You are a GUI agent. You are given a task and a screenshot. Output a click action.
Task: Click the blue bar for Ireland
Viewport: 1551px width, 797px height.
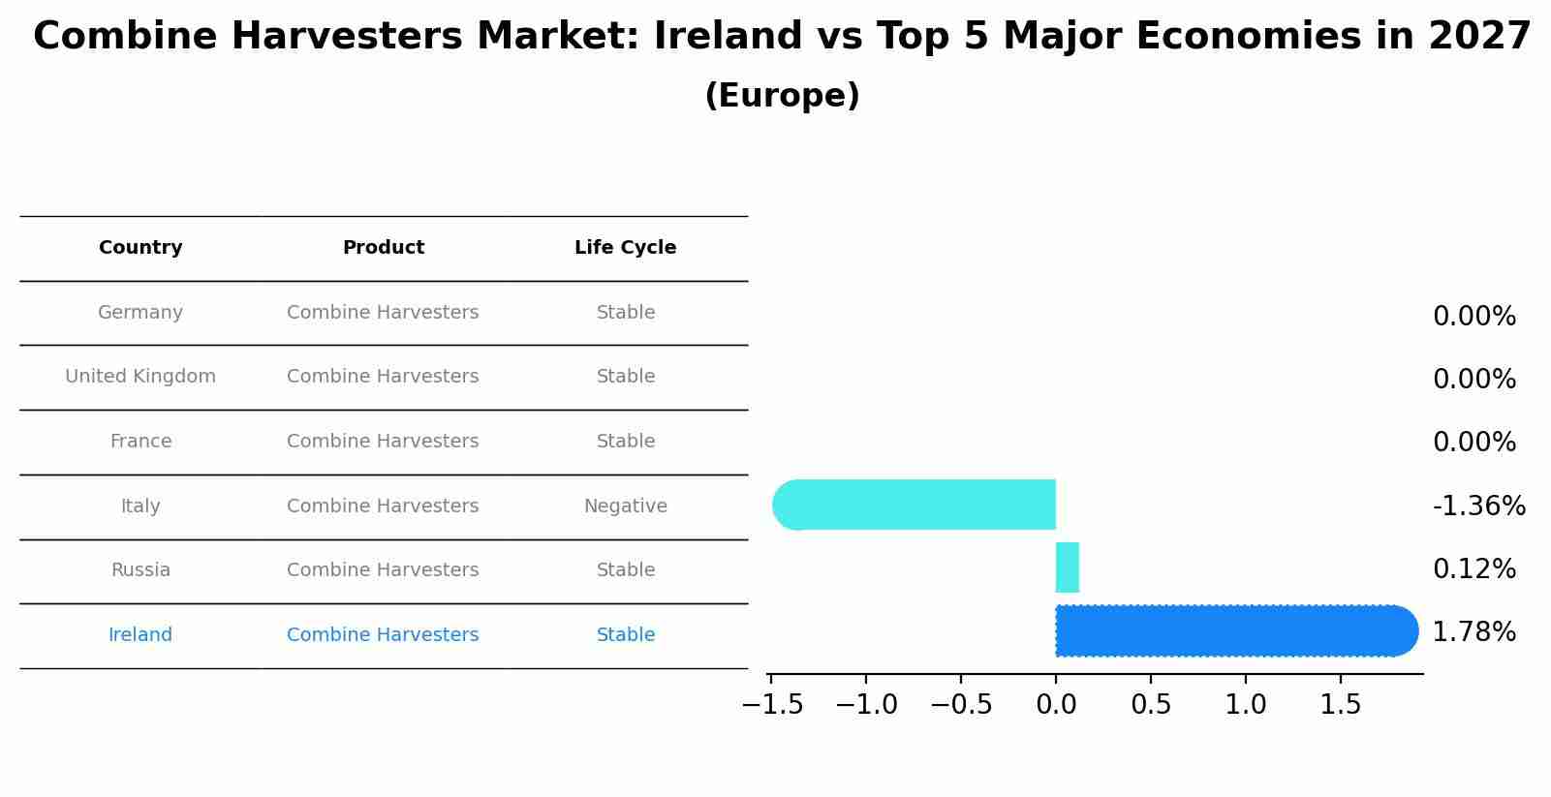[1235, 630]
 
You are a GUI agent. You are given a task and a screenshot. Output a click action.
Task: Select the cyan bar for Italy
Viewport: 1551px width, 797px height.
[915, 505]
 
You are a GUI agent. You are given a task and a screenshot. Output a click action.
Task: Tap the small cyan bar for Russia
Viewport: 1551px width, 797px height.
[1067, 567]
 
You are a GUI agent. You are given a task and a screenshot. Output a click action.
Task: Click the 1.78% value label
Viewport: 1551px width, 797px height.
[1473, 632]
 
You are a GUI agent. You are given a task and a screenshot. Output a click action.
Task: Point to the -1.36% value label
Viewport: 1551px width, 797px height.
[1478, 506]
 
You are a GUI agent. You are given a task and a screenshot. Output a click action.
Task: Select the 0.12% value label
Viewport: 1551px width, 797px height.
[1473, 569]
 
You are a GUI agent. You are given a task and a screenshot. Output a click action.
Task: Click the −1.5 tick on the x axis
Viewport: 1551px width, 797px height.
[772, 704]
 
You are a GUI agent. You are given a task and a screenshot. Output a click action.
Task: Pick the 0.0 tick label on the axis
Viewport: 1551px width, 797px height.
[1056, 704]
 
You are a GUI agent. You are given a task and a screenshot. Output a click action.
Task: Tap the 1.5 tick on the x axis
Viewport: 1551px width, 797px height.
[1341, 704]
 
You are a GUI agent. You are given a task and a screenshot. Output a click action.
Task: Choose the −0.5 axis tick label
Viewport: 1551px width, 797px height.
[961, 704]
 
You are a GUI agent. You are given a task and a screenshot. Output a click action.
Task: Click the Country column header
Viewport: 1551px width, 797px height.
[140, 248]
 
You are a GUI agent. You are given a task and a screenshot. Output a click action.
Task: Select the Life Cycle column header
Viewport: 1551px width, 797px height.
[625, 248]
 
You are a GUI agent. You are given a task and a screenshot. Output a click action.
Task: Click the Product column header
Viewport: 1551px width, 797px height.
[383, 248]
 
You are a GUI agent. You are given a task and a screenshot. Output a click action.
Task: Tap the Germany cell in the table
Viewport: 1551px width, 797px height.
[140, 313]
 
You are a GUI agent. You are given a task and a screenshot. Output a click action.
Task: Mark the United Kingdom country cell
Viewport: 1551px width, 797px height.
[140, 377]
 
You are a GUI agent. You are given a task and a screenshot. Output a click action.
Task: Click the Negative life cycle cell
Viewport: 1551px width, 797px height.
[625, 506]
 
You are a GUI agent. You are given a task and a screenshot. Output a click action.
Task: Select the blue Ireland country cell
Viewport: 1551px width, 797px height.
[140, 635]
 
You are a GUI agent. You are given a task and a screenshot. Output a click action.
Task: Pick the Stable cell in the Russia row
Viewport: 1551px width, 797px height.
[625, 570]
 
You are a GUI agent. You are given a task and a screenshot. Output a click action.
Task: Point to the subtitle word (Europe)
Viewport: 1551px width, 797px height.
[782, 96]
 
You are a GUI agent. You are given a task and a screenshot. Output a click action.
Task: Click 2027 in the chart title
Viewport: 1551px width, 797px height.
[1478, 37]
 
